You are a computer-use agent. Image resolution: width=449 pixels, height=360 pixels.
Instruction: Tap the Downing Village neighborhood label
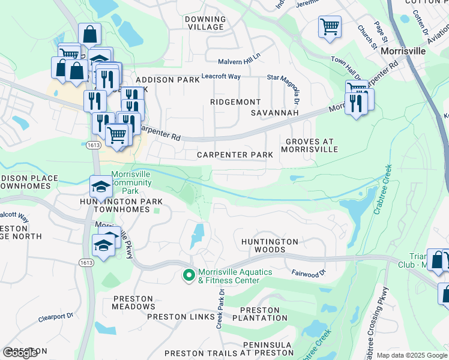coord(205,23)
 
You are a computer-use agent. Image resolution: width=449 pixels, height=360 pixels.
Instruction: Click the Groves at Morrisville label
coord(309,145)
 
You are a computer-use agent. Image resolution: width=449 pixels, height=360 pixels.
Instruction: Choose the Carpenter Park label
coord(235,155)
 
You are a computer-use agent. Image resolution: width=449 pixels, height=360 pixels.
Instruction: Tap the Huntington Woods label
coord(270,245)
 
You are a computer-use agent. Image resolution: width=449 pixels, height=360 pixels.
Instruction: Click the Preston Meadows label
coord(133,302)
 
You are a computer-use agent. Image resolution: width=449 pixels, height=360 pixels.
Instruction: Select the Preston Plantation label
coord(259,314)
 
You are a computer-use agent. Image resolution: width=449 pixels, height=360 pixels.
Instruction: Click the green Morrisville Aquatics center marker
coord(189,275)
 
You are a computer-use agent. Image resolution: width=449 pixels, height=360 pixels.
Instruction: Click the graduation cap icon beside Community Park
coord(101,186)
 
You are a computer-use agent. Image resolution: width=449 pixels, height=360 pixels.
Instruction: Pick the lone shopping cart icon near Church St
coord(330,27)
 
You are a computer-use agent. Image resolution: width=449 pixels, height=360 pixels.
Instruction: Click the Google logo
coord(20,353)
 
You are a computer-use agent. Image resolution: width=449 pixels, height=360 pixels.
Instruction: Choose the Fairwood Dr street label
coord(308,272)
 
